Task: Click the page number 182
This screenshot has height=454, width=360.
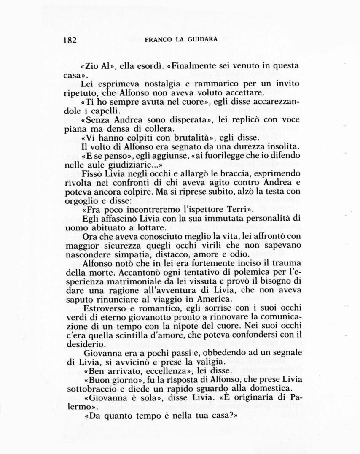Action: [x=70, y=40]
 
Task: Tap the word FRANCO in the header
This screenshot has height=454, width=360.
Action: [x=158, y=40]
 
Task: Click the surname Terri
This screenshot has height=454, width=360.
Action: [x=239, y=209]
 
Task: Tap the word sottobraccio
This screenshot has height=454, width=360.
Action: [x=87, y=389]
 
